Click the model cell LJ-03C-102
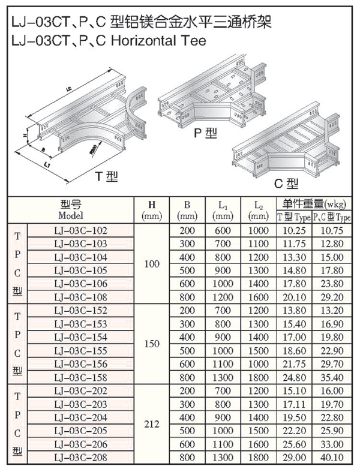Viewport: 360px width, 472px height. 80,230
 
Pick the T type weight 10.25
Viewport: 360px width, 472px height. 293,230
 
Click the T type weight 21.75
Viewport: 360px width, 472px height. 293,365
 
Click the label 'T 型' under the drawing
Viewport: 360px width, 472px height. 108,176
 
